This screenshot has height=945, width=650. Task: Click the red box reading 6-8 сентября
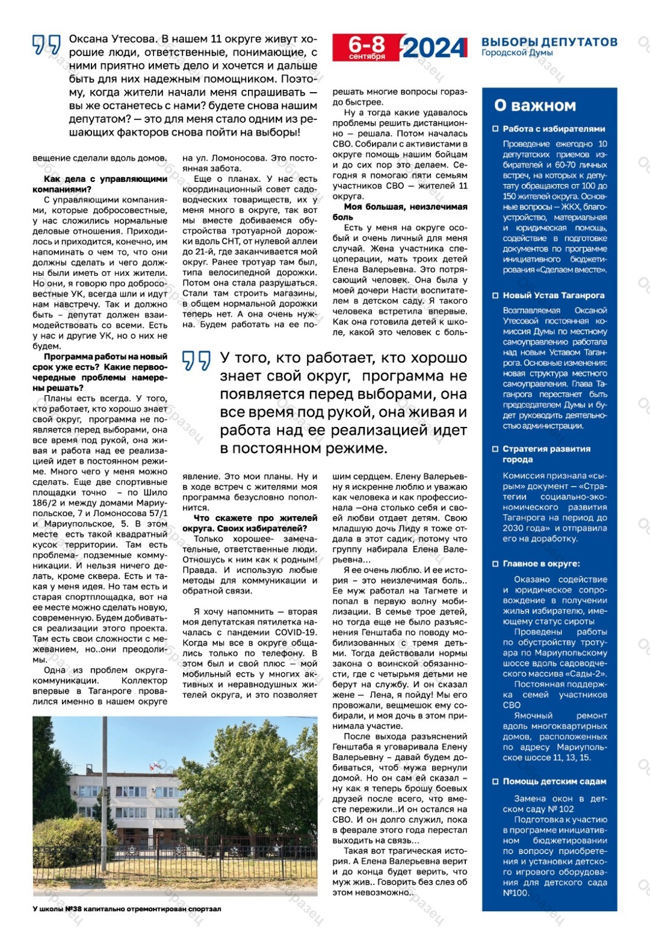tap(367, 48)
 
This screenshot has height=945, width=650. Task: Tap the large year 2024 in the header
tap(435, 48)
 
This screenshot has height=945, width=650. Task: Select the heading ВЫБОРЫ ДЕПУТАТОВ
tap(549, 42)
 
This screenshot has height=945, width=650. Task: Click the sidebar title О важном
tap(535, 105)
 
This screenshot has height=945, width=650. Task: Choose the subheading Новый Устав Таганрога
tap(553, 295)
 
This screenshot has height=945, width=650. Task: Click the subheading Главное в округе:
tap(541, 564)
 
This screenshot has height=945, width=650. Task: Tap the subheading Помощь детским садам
tap(554, 781)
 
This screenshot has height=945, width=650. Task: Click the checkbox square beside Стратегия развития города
tap(496, 449)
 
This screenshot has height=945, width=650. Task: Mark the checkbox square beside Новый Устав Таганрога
tap(496, 295)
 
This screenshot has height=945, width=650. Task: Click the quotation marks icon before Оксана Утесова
tap(46, 45)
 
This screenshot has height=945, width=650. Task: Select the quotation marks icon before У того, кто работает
tap(196, 361)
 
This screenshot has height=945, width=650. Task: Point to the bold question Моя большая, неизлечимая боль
tap(400, 211)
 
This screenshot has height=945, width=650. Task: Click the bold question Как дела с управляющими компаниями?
tap(100, 184)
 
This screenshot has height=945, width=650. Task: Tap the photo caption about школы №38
tap(127, 909)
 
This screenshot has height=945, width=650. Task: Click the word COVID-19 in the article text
tap(296, 632)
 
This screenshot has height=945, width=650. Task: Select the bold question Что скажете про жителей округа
tap(250, 523)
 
